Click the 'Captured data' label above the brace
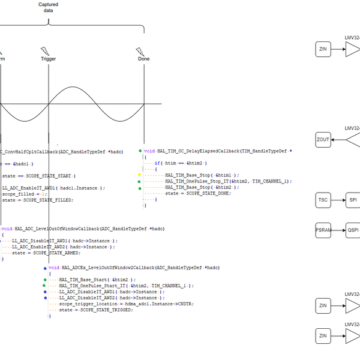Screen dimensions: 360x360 pyautogui.click(x=48, y=7)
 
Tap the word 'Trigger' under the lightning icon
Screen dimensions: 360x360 pyautogui.click(x=49, y=59)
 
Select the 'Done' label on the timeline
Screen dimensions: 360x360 pyautogui.click(x=144, y=59)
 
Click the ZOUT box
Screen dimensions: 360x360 pyautogui.click(x=323, y=140)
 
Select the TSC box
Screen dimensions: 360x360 pyautogui.click(x=323, y=200)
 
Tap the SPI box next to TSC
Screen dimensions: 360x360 pyautogui.click(x=353, y=200)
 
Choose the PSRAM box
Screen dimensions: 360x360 pyautogui.click(x=323, y=230)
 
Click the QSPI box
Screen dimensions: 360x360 pyautogui.click(x=353, y=230)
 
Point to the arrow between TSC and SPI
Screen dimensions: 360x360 pyautogui.click(x=338, y=200)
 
